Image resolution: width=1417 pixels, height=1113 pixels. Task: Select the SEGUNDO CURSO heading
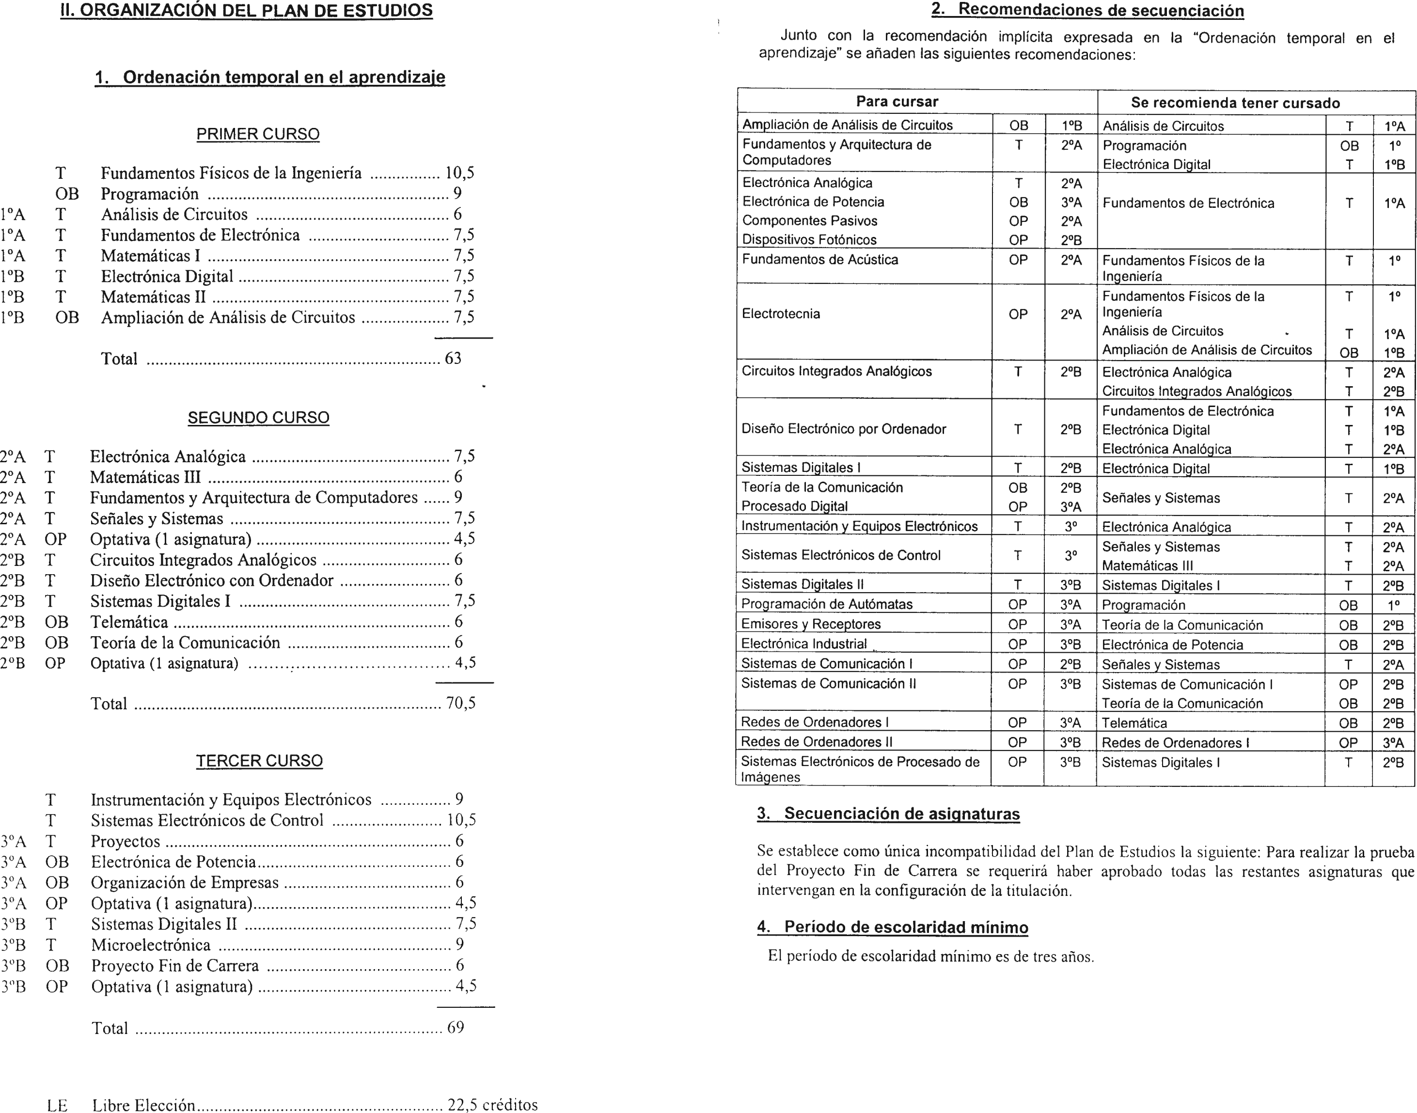tap(258, 418)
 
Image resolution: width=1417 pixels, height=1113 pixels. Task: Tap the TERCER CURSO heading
tap(259, 761)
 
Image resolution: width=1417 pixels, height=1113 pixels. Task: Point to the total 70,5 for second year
tap(460, 703)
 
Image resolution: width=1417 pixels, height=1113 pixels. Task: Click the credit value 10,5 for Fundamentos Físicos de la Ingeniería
tap(459, 173)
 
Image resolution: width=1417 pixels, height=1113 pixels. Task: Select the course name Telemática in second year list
tap(129, 622)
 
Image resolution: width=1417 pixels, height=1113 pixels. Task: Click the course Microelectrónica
tap(151, 945)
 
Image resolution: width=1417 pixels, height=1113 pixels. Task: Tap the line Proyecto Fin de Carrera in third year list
tap(174, 966)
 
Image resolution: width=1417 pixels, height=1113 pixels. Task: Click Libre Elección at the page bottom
tap(143, 1105)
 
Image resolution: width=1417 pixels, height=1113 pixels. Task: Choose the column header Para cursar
tap(897, 102)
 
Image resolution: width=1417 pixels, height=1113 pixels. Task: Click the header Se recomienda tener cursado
tap(1235, 103)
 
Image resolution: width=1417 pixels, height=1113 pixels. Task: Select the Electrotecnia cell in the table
tap(781, 314)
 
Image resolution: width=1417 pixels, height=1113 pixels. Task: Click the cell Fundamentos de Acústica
tap(820, 259)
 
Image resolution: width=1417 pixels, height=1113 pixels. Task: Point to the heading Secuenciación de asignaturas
tap(901, 814)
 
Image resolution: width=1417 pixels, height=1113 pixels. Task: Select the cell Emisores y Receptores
tap(811, 624)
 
